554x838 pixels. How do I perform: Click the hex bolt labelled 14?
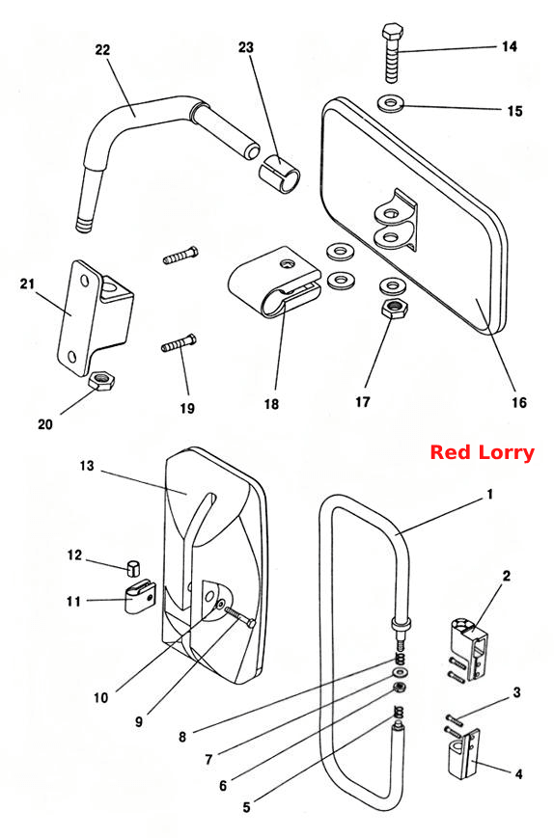pyautogui.click(x=392, y=52)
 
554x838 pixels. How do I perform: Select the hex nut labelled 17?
pyautogui.click(x=395, y=308)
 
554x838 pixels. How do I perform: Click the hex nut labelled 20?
pyautogui.click(x=101, y=381)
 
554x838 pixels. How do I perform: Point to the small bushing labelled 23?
pyautogui.click(x=280, y=173)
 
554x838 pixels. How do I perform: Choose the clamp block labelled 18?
pyautogui.click(x=274, y=282)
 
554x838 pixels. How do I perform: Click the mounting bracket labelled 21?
pyautogui.click(x=95, y=316)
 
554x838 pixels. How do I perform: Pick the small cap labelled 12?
pyautogui.click(x=133, y=568)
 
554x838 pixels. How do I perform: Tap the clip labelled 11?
pyautogui.click(x=140, y=597)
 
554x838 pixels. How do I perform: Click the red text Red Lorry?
pyautogui.click(x=482, y=452)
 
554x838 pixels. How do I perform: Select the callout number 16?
pyautogui.click(x=518, y=402)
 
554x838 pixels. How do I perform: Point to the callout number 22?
pyautogui.click(x=102, y=50)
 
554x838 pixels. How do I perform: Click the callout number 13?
pyautogui.click(x=87, y=466)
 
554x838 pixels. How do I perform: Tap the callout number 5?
pyautogui.click(x=246, y=807)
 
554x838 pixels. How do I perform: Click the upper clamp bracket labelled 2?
pyautogui.click(x=468, y=648)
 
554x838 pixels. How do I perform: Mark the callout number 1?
pyautogui.click(x=490, y=495)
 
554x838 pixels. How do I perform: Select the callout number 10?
pyautogui.click(x=100, y=697)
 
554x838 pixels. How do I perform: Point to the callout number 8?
pyautogui.click(x=182, y=737)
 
